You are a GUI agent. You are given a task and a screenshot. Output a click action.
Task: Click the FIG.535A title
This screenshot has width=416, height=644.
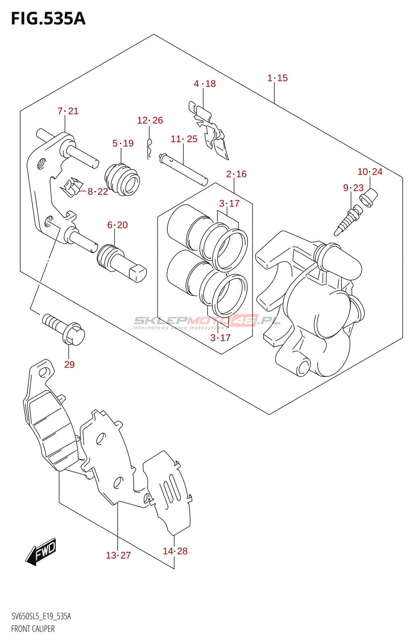[48, 19]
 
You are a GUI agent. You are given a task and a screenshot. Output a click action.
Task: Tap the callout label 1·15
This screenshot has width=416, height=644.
[277, 78]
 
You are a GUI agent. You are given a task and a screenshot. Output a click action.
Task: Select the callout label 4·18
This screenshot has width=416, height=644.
[205, 84]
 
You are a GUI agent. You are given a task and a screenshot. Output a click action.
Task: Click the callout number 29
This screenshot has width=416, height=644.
[69, 365]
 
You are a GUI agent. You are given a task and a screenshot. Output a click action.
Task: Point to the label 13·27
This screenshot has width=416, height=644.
[118, 555]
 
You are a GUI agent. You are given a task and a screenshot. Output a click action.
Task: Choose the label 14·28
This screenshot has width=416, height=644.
[175, 551]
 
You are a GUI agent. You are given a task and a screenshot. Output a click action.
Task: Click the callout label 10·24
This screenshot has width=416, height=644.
[370, 172]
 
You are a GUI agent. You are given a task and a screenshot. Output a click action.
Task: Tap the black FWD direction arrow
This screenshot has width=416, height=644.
[42, 551]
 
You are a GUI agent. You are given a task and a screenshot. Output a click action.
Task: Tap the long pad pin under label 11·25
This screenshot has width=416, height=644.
[183, 169]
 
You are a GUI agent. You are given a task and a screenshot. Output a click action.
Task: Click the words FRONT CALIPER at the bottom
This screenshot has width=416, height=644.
[33, 629]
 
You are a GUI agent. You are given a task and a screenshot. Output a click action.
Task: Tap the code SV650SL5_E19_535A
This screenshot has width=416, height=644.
[41, 616]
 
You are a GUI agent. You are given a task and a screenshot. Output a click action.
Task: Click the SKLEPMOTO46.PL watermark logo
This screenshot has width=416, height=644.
[206, 321]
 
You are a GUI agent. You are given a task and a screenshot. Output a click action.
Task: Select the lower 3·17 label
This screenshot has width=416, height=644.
[220, 338]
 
